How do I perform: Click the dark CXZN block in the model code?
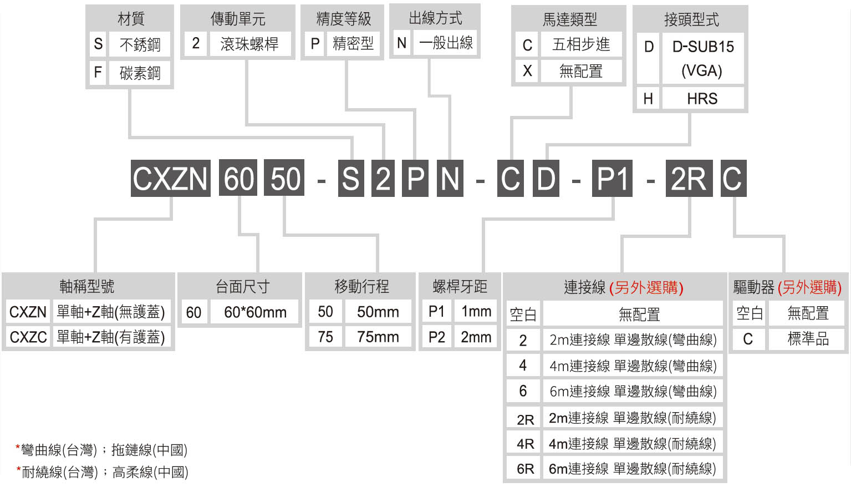[x=171, y=178]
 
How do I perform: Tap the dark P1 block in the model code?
[x=612, y=178]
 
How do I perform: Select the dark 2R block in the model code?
[x=689, y=178]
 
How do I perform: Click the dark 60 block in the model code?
[x=238, y=178]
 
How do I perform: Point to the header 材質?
[x=131, y=18]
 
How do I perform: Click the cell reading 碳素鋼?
[x=140, y=72]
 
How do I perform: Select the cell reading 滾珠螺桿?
[x=250, y=44]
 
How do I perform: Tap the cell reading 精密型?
[x=353, y=44]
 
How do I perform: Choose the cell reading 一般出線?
[x=445, y=43]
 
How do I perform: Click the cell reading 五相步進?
[x=581, y=45]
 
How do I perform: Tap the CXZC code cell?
[x=28, y=337]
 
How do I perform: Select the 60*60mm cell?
[x=254, y=312]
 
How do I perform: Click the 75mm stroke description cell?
[x=378, y=337]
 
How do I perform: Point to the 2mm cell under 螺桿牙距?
[x=476, y=337]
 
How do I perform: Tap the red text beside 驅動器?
[x=809, y=287]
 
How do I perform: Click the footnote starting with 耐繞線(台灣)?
[x=103, y=472]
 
